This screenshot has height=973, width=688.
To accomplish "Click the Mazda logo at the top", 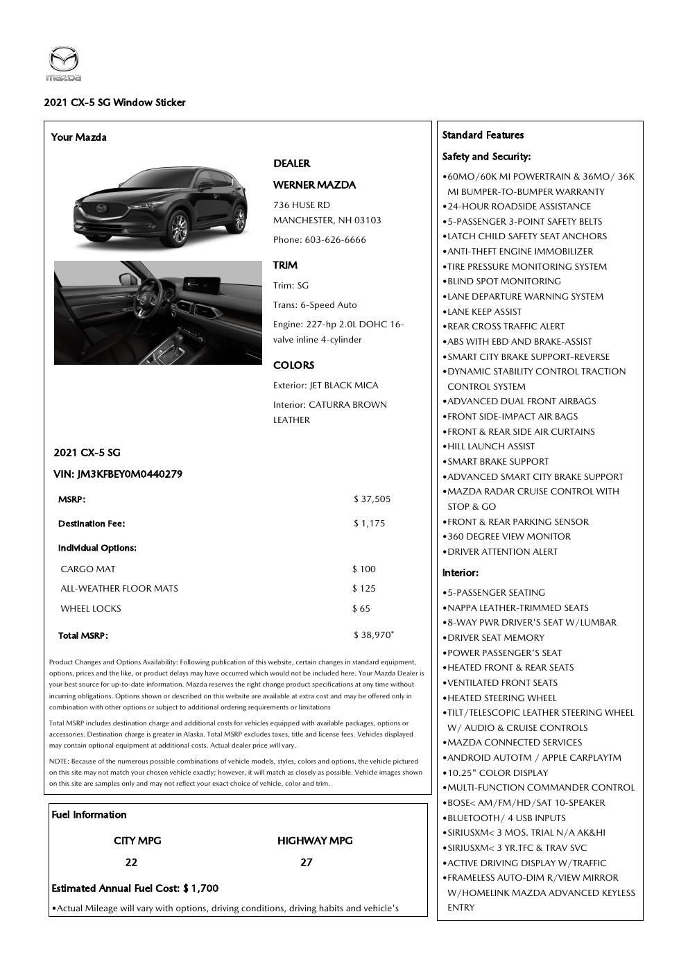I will point(64,63).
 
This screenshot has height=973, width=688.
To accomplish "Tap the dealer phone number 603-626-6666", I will point(335,240).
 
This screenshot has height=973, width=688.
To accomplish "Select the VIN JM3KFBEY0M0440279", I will point(118,474).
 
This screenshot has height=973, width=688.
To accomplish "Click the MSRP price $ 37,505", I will point(372,499).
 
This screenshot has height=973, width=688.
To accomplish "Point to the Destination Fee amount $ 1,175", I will point(369,524).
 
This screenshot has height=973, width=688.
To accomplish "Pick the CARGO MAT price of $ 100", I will point(364,569).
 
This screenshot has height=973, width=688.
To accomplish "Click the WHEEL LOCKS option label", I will point(91,609).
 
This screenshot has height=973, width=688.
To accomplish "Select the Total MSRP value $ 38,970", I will point(372,635).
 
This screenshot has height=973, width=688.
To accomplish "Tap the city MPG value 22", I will point(131,863).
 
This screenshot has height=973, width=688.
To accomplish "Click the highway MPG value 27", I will point(306,863).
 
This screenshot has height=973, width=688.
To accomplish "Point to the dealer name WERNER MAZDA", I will point(314,185).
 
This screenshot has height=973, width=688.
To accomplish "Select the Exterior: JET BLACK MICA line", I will point(325,386).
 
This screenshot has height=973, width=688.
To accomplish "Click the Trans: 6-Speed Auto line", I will point(315,305).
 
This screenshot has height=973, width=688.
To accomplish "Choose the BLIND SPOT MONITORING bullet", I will point(504,282).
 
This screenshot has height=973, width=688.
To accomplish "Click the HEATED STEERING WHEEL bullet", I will point(501,698).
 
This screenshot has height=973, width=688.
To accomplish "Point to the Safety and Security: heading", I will point(486,157).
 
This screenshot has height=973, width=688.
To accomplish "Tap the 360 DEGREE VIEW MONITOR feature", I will point(508,537).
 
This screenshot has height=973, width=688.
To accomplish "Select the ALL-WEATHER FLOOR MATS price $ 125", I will point(364,589).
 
